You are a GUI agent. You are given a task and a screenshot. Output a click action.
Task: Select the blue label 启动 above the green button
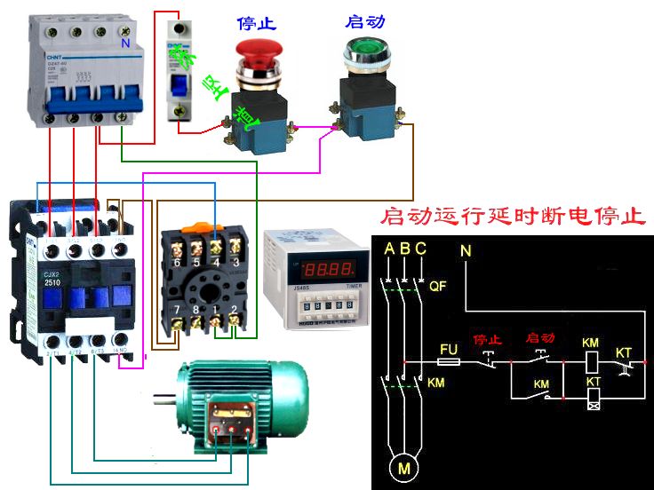pos(364,21)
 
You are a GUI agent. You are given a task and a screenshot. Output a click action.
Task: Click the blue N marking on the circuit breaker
pos(124,43)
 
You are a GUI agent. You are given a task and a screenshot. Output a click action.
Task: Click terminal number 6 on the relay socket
pos(176,263)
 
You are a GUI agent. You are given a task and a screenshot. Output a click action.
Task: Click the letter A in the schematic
pos(388,249)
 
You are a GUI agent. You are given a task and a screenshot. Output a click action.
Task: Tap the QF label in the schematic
pos(437,287)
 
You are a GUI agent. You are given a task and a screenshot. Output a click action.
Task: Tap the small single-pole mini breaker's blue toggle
pos(179,84)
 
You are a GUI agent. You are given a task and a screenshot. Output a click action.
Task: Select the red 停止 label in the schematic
pos(486,339)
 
